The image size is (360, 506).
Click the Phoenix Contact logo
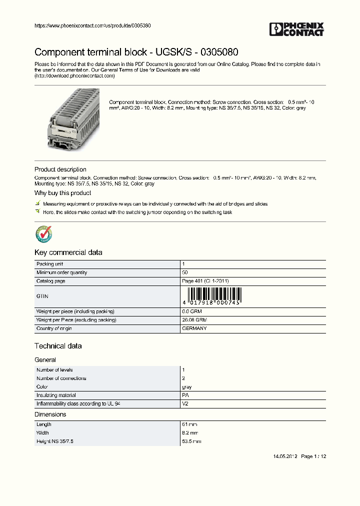click(296, 29)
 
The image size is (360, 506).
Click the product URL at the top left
click(92, 25)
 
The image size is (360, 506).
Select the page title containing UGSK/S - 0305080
click(136, 52)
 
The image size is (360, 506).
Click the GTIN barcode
click(212, 296)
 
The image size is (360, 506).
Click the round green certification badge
click(43, 234)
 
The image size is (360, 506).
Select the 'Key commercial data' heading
click(68, 252)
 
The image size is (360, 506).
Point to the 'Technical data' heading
click(58, 346)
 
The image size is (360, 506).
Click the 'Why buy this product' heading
click(62, 193)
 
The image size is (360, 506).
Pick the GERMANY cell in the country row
click(194, 328)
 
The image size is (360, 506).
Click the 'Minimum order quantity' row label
click(61, 272)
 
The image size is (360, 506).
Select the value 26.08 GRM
click(194, 320)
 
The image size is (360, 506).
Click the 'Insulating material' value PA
click(185, 395)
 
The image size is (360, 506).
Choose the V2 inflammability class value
click(185, 403)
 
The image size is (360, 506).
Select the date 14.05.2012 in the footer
click(285, 456)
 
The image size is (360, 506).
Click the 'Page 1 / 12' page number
click(314, 456)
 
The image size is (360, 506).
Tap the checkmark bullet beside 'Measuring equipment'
click(37, 203)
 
